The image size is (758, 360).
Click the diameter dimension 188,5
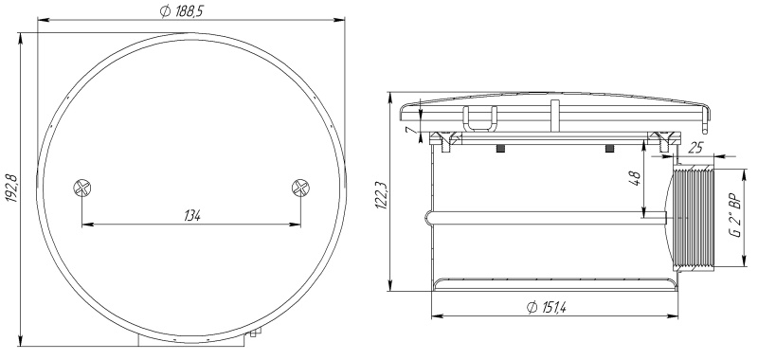[181, 12]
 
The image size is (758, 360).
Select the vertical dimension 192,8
[11, 189]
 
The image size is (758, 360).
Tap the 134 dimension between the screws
[192, 216]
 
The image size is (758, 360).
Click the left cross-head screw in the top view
[82, 188]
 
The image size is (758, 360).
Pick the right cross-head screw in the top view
[300, 188]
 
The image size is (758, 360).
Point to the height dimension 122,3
[382, 194]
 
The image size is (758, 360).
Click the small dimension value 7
[409, 130]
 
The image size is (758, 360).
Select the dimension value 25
[695, 148]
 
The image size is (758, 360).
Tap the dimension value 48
[636, 179]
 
